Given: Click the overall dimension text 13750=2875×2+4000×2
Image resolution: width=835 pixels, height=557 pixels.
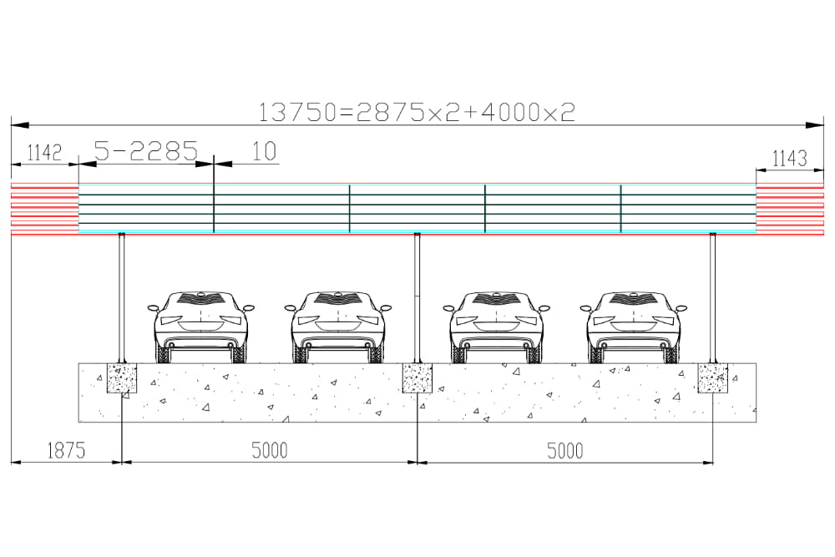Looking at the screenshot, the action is coord(417,113).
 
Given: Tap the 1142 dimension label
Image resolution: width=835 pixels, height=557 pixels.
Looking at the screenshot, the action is coord(44,153).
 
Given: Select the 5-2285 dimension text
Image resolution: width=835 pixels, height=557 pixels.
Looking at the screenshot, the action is coord(146,150).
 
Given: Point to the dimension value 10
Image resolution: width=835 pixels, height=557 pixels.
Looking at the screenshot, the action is coord(264,151).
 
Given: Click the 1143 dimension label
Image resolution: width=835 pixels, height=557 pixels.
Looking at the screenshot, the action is coord(790,158).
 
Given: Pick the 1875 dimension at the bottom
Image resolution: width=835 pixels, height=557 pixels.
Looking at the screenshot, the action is coord(66,450).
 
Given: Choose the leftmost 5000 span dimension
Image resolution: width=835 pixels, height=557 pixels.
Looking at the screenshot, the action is coord(270,450).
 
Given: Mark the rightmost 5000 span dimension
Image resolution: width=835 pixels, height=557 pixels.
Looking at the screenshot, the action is coord(565,451).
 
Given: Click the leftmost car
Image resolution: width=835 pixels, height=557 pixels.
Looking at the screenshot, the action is coord(200,327).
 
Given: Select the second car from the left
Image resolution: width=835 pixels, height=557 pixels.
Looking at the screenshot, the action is coord(338,327).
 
